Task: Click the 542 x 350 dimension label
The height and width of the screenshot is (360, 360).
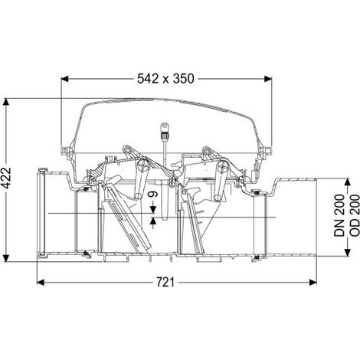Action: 165,79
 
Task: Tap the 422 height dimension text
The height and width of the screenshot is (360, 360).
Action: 6,178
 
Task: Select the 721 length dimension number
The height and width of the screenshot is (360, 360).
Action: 165,283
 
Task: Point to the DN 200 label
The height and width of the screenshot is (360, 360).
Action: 339,215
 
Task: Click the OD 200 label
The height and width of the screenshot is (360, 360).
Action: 355,215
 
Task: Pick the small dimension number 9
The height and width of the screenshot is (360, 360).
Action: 153,195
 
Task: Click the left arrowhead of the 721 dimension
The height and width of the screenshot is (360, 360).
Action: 41,283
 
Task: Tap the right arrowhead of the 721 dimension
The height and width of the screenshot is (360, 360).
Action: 313,283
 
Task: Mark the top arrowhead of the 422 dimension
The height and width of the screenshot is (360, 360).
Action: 6,102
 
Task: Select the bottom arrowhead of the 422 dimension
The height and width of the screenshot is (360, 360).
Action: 6,258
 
